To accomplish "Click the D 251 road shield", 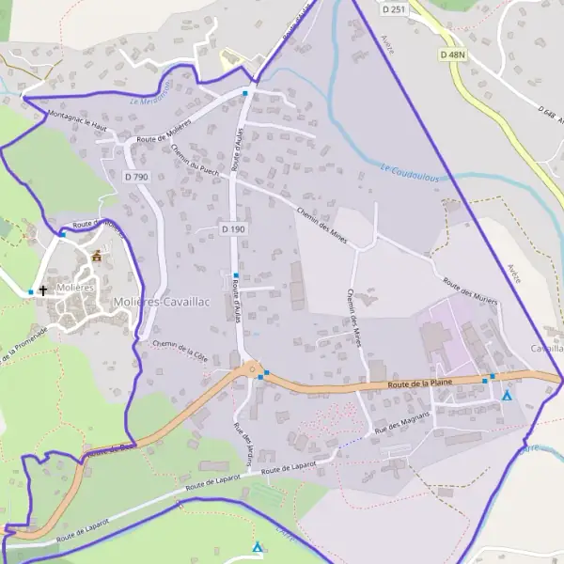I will point(395,9).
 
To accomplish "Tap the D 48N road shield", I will point(453,55).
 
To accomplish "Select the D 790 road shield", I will point(137,177).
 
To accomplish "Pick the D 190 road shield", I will point(233,229).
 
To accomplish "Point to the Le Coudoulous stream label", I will point(411,172).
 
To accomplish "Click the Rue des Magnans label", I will point(401,421).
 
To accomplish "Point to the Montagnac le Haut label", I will point(75,118).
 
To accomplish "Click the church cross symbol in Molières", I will point(42,291).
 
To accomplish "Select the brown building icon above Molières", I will point(96,255).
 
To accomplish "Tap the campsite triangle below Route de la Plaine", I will point(508,396).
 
